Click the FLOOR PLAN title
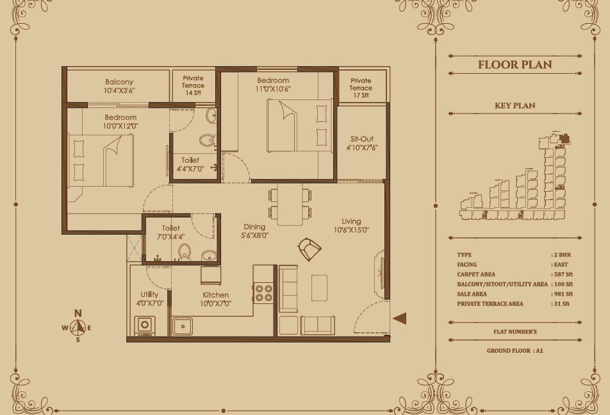pos(515,65)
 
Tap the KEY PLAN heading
pos(515,106)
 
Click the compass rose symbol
pos(78,327)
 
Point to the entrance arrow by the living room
pos(399,318)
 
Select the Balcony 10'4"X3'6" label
pos(119,87)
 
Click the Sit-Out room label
pos(361,143)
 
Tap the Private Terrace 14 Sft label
pos(193,85)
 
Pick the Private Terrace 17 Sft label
pos(361,88)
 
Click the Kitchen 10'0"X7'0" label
pos(216,300)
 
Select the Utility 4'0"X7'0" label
pos(149,300)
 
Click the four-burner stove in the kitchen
pos(264,292)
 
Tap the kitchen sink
pos(183,326)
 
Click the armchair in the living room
pos(309,248)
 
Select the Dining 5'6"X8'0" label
pos(255,231)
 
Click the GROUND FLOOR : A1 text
pos(515,351)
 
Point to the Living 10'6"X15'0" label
pos(350,226)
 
